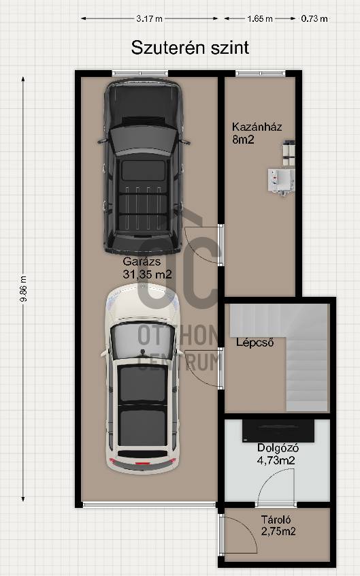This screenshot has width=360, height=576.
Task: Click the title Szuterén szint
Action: [x=190, y=48]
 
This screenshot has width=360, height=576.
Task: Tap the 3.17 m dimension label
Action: [x=149, y=18]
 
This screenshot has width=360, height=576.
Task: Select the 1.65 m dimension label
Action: [x=260, y=18]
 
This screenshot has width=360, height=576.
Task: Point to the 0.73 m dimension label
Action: [x=314, y=18]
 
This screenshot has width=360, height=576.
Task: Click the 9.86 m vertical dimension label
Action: [x=23, y=289]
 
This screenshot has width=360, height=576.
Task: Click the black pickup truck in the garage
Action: [x=144, y=166]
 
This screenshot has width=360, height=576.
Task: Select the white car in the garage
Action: [x=142, y=379]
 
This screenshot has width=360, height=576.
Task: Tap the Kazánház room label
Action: [x=257, y=127]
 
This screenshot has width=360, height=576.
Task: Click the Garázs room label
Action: [x=142, y=261]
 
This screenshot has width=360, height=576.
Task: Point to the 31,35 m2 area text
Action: [x=147, y=274]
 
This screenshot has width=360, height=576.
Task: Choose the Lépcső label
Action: [x=255, y=342]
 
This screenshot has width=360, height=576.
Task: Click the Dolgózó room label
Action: [x=278, y=448]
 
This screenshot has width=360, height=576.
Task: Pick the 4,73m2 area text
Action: [x=276, y=460]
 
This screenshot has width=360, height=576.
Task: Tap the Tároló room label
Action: [x=276, y=519]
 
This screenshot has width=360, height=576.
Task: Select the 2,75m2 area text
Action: [x=278, y=531]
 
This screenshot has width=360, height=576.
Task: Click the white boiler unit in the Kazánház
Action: [x=281, y=180]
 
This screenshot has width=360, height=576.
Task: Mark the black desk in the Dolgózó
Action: [x=278, y=430]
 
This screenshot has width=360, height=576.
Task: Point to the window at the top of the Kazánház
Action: [x=261, y=74]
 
